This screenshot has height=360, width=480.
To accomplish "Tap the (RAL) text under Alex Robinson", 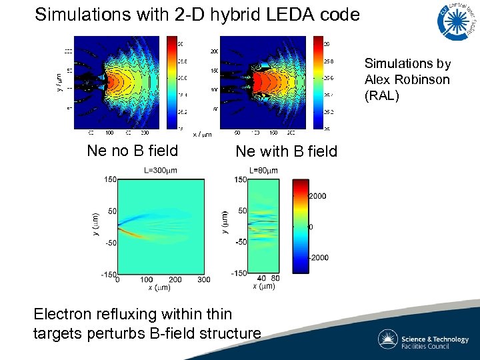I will (x=381, y=95).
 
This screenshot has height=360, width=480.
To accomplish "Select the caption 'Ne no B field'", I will (x=133, y=151).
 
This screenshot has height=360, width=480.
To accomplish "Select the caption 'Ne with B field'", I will (x=287, y=152).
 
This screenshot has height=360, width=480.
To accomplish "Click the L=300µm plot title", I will (x=161, y=171).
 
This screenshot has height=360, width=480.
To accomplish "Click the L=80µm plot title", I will (x=263, y=171).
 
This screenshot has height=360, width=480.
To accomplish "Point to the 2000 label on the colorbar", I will (x=317, y=196).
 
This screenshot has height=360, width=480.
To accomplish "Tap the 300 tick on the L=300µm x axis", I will (x=204, y=280).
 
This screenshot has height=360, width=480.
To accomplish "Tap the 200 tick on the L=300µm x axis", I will (x=175, y=280).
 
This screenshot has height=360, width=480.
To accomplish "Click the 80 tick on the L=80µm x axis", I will (x=274, y=278).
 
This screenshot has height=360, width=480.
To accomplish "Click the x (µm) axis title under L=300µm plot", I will (x=158, y=288).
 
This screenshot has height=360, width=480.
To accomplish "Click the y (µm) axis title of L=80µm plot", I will (x=225, y=222).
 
